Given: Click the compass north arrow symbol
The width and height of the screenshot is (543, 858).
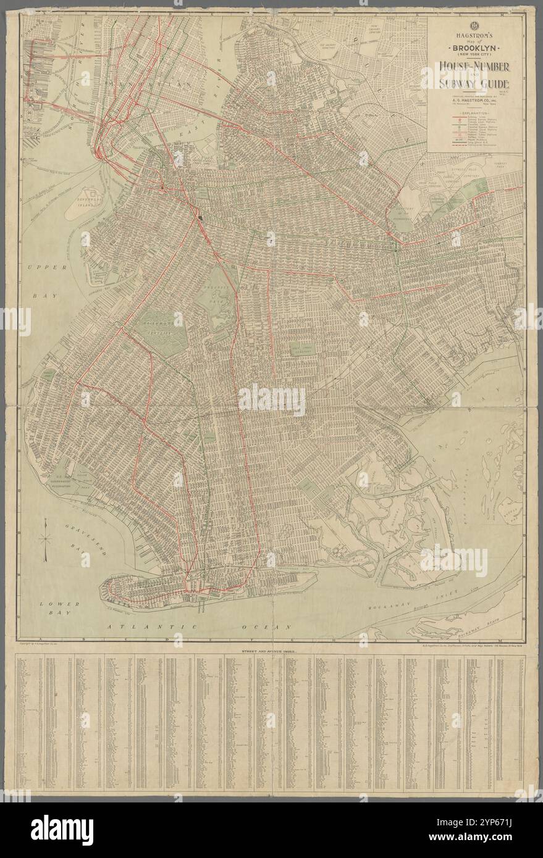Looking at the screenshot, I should (x=46, y=538).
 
